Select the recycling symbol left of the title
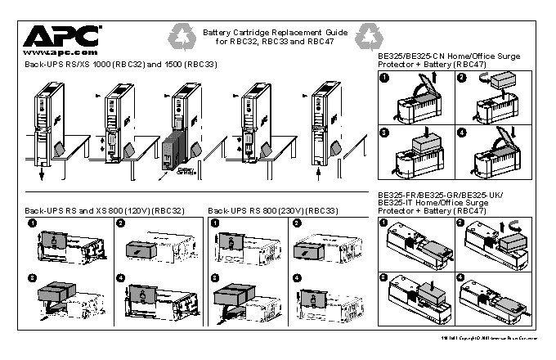pyautogui.click(x=181, y=35)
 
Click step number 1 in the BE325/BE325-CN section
pyautogui.click(x=383, y=78)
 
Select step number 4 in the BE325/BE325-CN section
pyautogui.click(x=461, y=133)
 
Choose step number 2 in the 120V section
pyautogui.click(x=120, y=223)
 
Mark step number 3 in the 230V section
pyautogui.click(x=215, y=278)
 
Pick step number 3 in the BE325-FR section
pyautogui.click(x=383, y=278)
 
